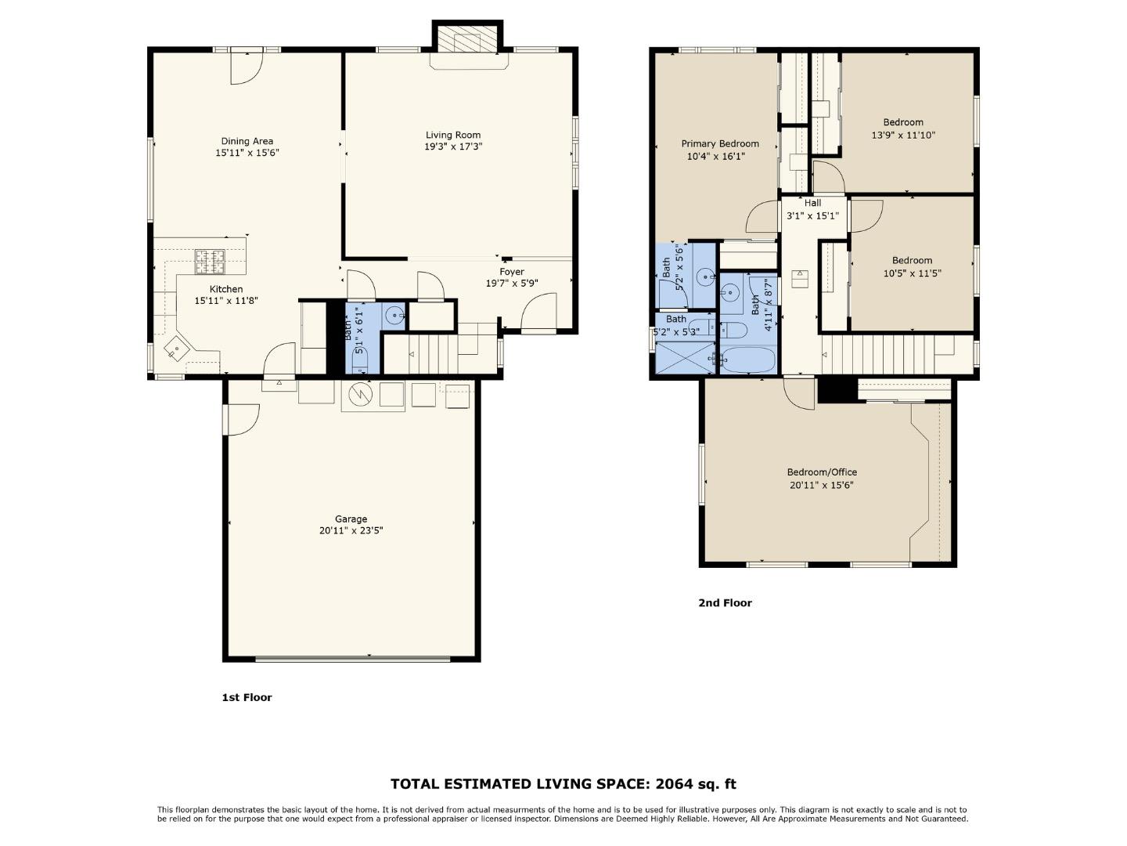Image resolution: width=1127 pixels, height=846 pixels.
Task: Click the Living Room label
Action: (452, 135)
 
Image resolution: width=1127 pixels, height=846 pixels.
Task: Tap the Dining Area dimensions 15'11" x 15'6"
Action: (247, 154)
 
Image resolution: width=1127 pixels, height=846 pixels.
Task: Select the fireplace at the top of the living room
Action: (466, 39)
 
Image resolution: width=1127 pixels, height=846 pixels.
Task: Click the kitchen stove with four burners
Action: (209, 262)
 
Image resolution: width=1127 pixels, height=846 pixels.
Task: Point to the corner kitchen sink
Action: (177, 349)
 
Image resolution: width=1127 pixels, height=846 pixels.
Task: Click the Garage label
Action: (351, 519)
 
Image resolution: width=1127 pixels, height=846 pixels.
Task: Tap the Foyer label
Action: (512, 272)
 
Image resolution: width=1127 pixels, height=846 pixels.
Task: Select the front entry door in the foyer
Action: (538, 313)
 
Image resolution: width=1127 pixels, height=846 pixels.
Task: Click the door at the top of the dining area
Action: (246, 67)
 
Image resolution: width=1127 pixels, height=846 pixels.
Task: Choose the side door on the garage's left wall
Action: (241, 418)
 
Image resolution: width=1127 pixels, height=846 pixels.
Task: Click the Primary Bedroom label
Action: (719, 143)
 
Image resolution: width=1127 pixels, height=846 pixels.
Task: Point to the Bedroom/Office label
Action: (822, 472)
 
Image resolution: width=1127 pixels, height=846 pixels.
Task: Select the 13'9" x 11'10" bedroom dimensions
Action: (903, 135)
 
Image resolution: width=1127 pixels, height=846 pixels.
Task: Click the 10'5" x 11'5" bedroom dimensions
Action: (912, 273)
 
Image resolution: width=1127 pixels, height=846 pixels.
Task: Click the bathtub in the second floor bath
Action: (747, 360)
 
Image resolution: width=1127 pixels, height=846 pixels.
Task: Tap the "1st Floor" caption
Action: (247, 697)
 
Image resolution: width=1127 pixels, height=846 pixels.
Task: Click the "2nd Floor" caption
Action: (725, 603)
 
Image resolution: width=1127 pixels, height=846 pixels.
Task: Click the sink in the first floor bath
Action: (396, 316)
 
